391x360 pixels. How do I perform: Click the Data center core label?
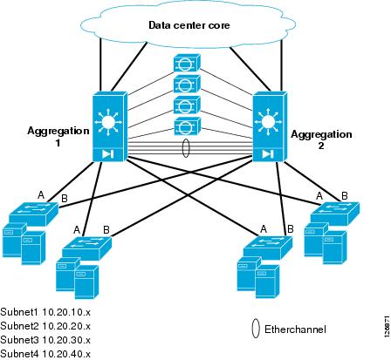tap(189, 25)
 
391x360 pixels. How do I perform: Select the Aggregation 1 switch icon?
tap(110, 126)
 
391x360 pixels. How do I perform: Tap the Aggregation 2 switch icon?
tap(270, 126)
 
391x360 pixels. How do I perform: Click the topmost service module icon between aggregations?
tap(187, 63)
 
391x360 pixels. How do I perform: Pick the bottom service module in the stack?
tap(188, 126)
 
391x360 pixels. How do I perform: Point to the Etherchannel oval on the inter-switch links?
tap(186, 148)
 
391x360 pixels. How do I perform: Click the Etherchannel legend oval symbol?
tap(256, 329)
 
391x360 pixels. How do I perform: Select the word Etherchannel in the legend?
tap(295, 329)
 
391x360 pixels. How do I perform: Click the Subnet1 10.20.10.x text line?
tap(45, 312)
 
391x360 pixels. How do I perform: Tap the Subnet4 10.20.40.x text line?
tap(45, 354)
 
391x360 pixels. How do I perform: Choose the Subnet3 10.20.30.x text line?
tap(45, 340)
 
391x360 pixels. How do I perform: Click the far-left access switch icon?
tap(34, 214)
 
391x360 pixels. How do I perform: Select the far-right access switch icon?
tap(335, 214)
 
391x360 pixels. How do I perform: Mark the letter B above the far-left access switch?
tap(65, 199)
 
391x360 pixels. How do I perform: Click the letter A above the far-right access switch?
tap(319, 196)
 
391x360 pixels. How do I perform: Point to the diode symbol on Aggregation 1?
tap(107, 153)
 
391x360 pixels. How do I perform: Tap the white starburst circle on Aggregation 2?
tap(268, 121)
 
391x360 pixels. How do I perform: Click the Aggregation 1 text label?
tap(58, 137)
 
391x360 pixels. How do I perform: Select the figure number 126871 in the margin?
tap(387, 326)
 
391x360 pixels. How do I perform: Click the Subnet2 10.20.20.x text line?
tap(45, 326)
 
